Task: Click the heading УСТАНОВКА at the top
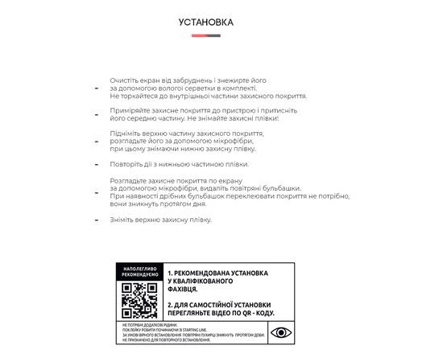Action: tap(206, 22)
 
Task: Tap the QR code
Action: tap(139, 300)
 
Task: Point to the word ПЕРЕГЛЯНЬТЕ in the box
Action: tap(192, 315)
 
